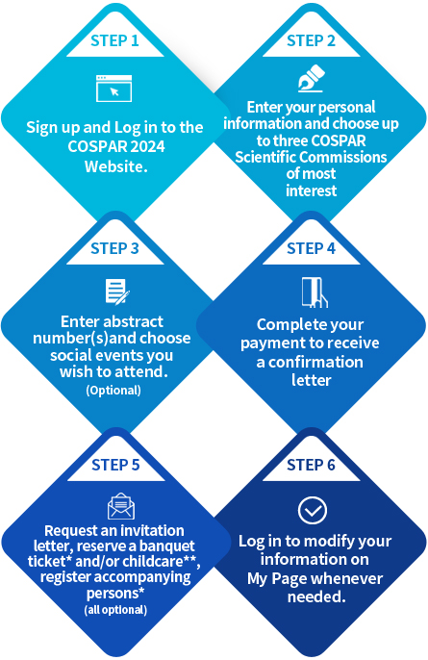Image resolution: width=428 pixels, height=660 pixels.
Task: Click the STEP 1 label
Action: (114, 40)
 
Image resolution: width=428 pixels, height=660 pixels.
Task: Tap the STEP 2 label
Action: (311, 40)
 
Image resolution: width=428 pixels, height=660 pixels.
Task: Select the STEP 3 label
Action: (114, 248)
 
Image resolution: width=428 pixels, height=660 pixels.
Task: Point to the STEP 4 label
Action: (311, 248)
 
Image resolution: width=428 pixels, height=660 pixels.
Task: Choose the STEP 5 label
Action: (115, 465)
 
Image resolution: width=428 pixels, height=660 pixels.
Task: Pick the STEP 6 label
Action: (311, 465)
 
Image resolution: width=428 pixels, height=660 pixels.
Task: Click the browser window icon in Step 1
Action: (114, 89)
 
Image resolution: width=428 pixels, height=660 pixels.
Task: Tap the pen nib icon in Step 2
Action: (311, 78)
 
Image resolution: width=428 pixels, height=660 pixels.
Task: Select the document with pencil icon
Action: (117, 292)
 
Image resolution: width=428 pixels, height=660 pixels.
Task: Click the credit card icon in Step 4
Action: (315, 292)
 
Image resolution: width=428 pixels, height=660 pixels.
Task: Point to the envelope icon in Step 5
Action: (121, 506)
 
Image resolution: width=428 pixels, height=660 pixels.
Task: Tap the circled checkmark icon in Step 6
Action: (313, 510)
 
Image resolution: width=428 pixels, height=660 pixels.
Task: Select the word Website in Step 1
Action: (114, 166)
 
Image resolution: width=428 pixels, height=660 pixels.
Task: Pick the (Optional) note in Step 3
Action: (113, 391)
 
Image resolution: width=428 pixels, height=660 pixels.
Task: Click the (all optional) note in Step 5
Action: (115, 610)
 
